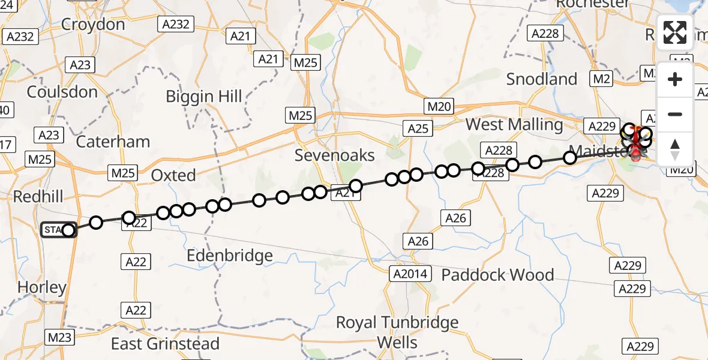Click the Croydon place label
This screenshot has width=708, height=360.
coord(93,25)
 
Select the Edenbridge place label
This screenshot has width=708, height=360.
coord(230,256)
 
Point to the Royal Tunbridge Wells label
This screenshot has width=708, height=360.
coord(397,332)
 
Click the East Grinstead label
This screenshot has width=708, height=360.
coord(166,344)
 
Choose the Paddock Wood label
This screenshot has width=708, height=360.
coord(497,275)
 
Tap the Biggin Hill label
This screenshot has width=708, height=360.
coord(204,96)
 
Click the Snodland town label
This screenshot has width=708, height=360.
coord(542,79)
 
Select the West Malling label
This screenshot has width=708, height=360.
coord(514,125)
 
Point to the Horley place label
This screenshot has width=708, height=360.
coord(41,287)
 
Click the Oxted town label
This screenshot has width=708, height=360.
coord(173,175)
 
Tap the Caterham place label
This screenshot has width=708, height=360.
coord(113,142)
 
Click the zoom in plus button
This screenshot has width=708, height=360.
coord(675,79)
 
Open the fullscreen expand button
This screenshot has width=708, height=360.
coord(675,32)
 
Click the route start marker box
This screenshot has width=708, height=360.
coord(54,230)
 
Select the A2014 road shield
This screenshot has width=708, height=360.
coord(411,274)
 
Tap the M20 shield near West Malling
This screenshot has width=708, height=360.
coord(439,107)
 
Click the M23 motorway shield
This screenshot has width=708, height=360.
coord(59,337)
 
